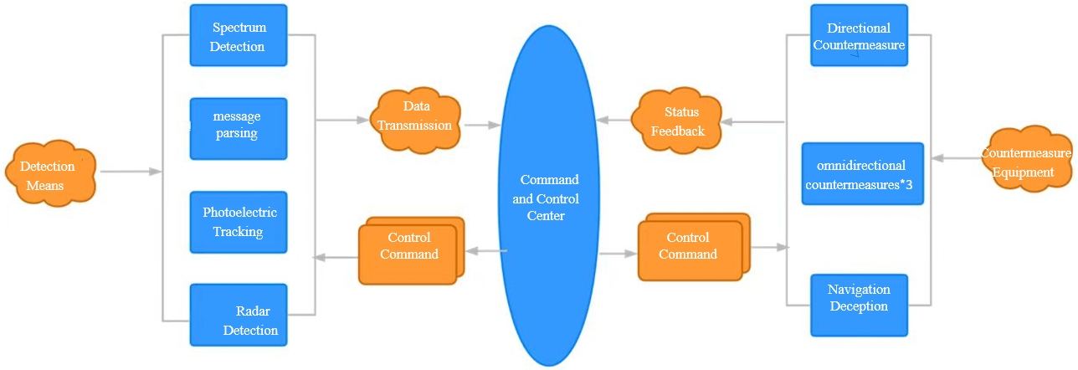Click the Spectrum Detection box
[x=239, y=35]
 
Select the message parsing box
[x=239, y=128]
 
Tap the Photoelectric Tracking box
[x=239, y=222]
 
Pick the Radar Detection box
[x=239, y=315]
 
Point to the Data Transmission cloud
[x=416, y=121]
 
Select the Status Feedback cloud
[x=678, y=121]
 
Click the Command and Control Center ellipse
[x=549, y=196]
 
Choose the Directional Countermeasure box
[x=859, y=35]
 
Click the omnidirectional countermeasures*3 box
[x=863, y=174]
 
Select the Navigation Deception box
[x=859, y=305]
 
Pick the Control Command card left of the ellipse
[x=409, y=249]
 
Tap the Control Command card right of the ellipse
[x=690, y=249]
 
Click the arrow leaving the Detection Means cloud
[x=130, y=172]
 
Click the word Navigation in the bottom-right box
[x=859, y=290]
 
